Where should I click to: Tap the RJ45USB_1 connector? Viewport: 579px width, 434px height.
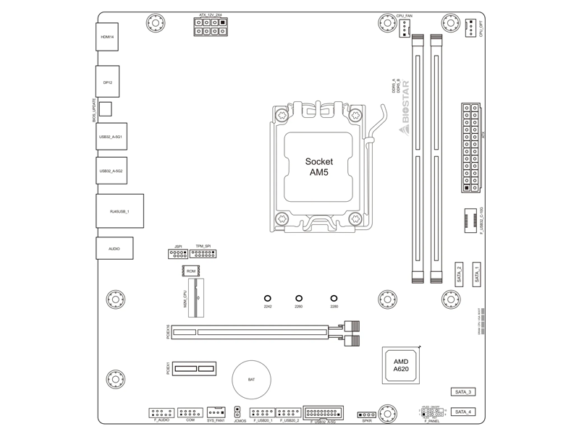[x=119, y=211]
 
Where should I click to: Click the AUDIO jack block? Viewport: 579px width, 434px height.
[x=114, y=248]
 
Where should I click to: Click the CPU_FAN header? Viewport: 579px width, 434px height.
[x=403, y=27]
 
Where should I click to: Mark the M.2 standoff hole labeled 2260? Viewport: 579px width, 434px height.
[x=299, y=297]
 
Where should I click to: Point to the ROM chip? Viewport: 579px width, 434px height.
[x=190, y=271]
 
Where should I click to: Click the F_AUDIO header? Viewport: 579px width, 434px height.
[x=161, y=412]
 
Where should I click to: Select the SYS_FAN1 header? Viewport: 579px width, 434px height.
[x=216, y=412]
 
